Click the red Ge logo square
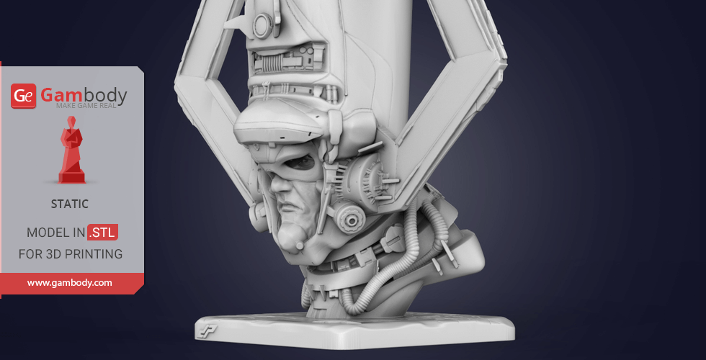23,96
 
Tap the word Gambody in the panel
84,95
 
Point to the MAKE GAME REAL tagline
86,106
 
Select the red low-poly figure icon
71,150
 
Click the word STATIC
70,204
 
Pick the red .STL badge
102,232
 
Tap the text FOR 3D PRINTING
71,254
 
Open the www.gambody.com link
69,283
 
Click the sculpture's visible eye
300,163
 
